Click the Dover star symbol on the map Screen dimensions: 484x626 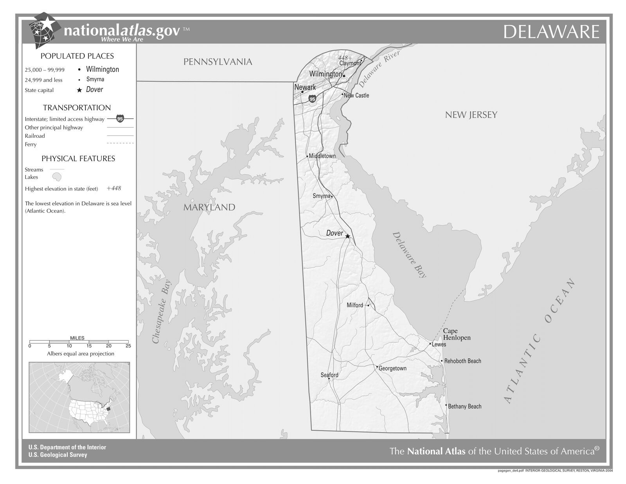coord(347,236)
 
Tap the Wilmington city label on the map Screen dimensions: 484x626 coord(326,74)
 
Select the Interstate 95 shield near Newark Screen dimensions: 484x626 coord(312,99)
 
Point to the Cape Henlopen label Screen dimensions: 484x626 coord(457,334)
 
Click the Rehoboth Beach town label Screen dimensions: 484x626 coord(462,361)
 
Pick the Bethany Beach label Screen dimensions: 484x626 coord(464,406)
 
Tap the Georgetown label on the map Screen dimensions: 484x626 coord(392,368)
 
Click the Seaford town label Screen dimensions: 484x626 coord(329,375)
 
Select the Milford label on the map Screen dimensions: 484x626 coord(355,305)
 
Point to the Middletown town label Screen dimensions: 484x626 coord(322,156)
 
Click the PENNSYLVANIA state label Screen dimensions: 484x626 coord(218,62)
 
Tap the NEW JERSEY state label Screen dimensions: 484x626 coord(471,115)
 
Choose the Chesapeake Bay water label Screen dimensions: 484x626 coord(161,312)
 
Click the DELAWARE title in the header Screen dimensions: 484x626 coord(551,32)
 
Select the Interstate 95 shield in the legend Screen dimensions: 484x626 coord(120,119)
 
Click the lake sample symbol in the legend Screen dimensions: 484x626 coord(57,177)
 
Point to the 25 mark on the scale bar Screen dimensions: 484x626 coord(128,346)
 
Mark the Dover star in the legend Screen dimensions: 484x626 coord(79,90)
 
